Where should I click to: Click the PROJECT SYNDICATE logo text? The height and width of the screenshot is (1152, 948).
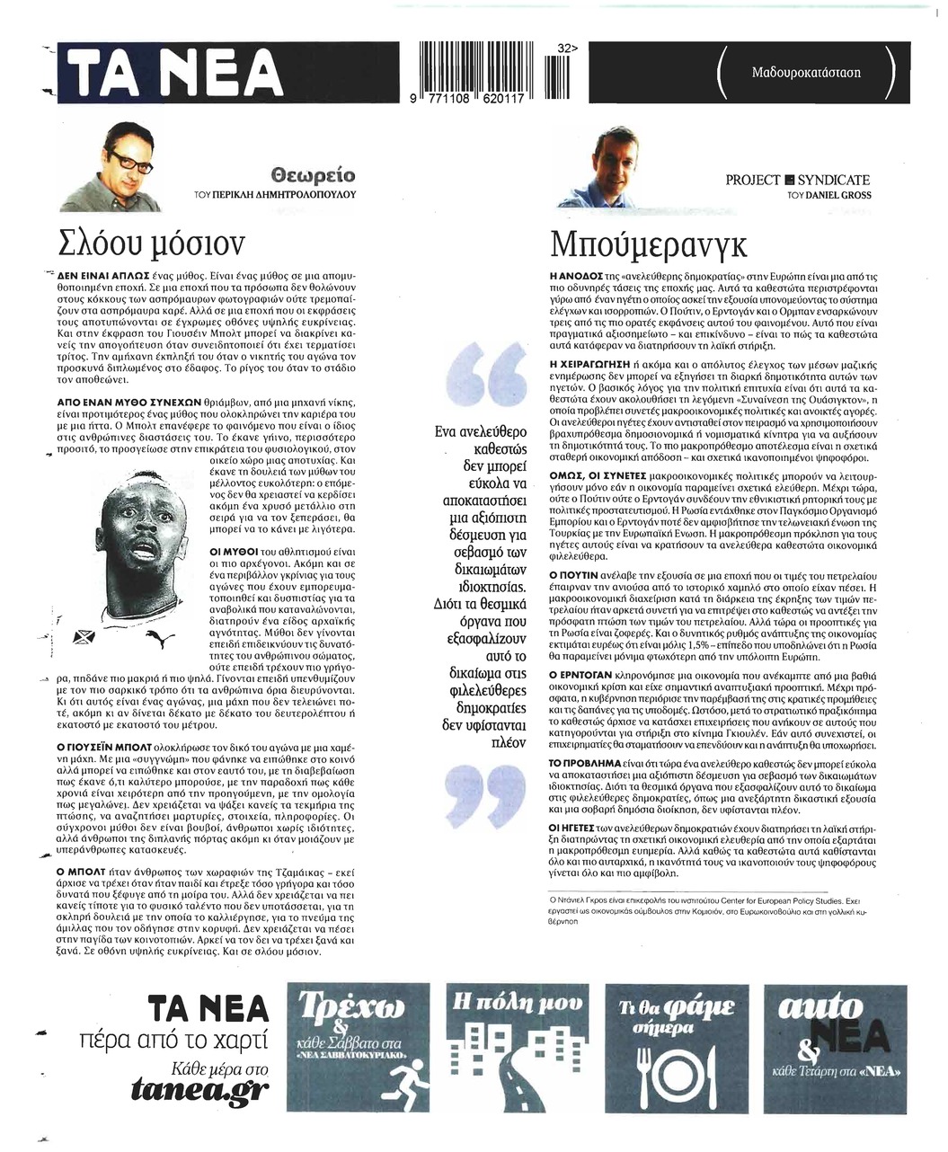pyautogui.click(x=798, y=181)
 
